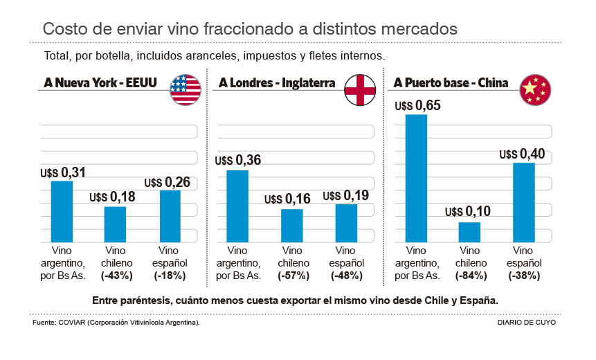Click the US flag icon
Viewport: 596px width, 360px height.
(186, 89)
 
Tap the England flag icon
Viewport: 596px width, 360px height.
(360, 89)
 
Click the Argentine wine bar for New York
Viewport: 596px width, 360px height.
(62, 210)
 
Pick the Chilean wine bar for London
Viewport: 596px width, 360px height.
(292, 224)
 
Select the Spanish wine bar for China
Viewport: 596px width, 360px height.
(524, 201)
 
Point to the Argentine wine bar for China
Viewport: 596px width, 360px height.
(416, 177)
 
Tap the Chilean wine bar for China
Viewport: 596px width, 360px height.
(469, 231)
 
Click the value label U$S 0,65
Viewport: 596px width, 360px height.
(417, 106)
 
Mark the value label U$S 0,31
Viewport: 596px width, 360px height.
(62, 172)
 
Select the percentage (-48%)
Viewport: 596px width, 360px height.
(346, 275)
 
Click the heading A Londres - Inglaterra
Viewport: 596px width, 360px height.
(277, 84)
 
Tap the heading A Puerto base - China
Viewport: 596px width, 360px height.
(451, 84)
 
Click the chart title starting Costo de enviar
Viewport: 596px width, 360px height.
(250, 29)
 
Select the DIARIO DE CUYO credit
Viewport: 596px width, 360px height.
(526, 323)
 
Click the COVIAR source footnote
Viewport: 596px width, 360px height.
(116, 323)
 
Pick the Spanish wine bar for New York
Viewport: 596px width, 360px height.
(170, 215)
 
